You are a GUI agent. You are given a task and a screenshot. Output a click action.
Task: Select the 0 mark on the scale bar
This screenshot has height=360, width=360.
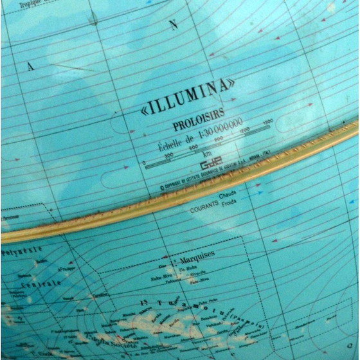coord(144,163)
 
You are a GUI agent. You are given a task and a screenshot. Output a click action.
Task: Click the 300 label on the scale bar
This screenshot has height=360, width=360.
coord(169,155)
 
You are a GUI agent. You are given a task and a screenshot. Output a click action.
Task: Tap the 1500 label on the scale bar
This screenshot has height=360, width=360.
coord(267,121)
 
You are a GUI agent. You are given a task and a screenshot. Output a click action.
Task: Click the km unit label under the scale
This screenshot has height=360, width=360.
coord(206,154)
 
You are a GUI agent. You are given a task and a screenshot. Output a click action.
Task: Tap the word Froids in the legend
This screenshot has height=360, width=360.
coord(229,203)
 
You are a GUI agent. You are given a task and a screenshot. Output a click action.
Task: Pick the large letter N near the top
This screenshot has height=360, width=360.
coord(173,25)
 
